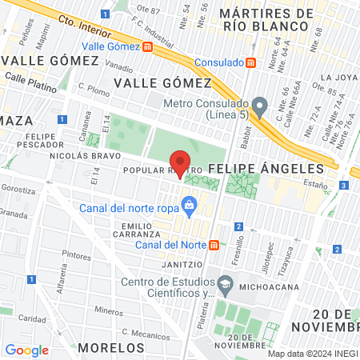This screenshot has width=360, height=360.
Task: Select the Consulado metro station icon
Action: (251, 62)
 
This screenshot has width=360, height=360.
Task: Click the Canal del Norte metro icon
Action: (213, 244)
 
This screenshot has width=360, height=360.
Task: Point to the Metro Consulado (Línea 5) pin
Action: (258, 106)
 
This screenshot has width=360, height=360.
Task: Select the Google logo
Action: (26, 350)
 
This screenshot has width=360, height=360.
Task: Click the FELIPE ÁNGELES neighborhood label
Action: (266, 169)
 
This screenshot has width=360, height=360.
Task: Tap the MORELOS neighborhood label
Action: (112, 348)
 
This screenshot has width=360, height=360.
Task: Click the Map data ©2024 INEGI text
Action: (311, 354)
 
